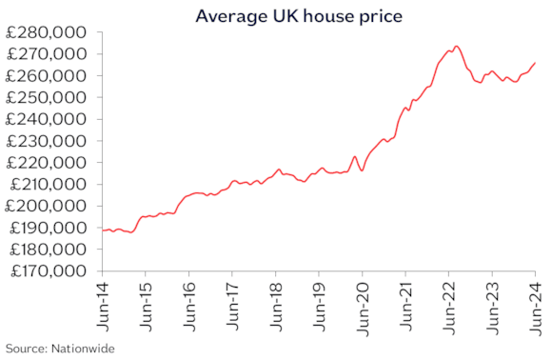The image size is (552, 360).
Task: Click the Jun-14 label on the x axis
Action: pyautogui.click(x=102, y=306)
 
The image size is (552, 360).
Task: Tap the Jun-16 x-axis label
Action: pyautogui.click(x=188, y=306)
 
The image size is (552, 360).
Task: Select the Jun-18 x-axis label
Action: pyautogui.click(x=275, y=306)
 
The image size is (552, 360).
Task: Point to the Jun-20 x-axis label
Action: pyautogui.click(x=362, y=306)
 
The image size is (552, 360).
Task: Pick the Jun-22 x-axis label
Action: pyautogui.click(x=448, y=306)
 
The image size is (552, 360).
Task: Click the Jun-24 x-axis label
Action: pyautogui.click(x=534, y=306)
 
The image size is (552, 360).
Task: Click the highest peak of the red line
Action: pyautogui.click(x=457, y=46)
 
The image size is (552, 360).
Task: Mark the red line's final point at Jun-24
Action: pyautogui.click(x=534, y=63)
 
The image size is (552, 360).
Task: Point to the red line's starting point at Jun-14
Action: pyautogui.click(x=102, y=230)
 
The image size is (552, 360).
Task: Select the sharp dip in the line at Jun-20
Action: pyautogui.click(x=362, y=170)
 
